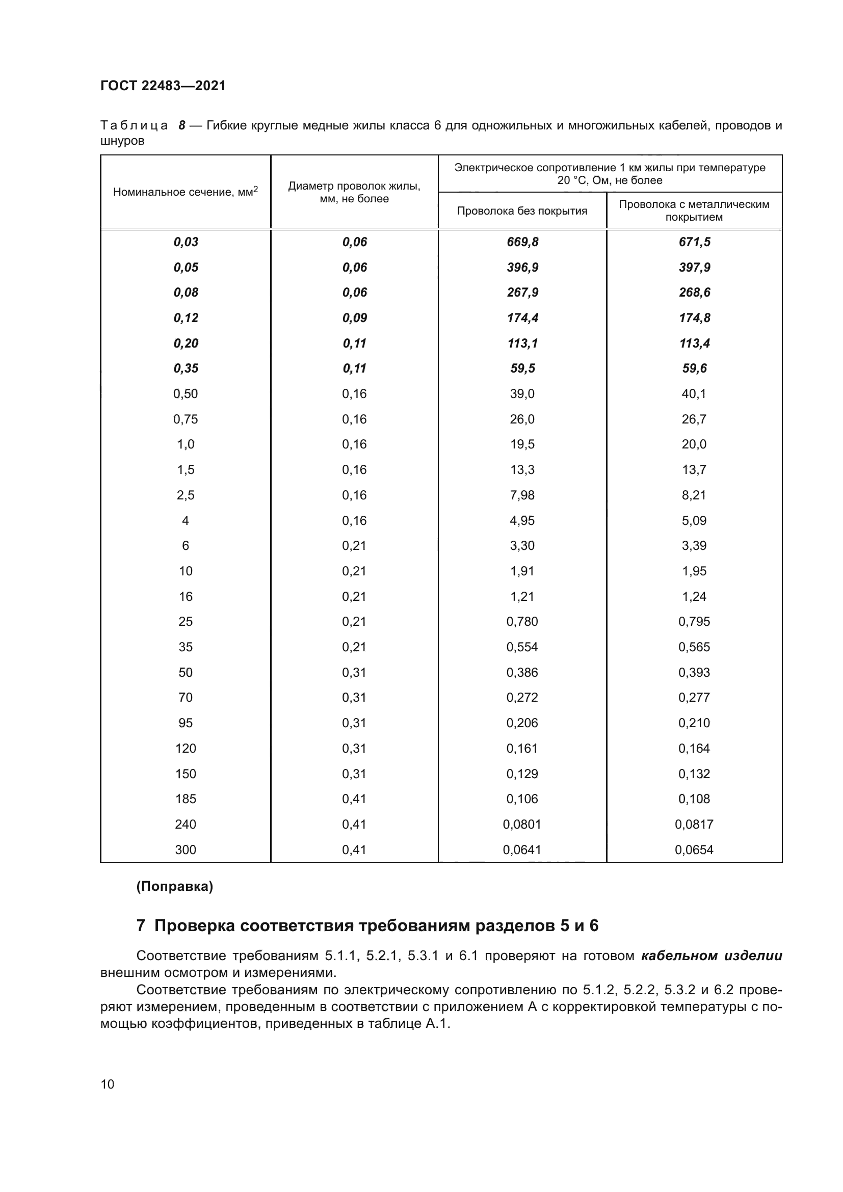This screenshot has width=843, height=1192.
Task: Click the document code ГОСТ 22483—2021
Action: click(163, 86)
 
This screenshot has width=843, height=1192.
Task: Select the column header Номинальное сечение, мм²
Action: click(186, 192)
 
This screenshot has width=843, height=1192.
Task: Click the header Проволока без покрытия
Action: click(522, 211)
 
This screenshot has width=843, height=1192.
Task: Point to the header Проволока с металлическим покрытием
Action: click(694, 210)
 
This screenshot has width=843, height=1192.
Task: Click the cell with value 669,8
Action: click(522, 242)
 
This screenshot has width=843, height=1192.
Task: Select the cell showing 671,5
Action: click(694, 242)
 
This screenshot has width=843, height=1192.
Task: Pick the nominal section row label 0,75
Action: click(186, 419)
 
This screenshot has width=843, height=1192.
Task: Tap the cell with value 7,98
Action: click(522, 495)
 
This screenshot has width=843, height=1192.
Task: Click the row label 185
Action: click(186, 799)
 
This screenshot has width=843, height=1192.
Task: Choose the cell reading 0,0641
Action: click(522, 850)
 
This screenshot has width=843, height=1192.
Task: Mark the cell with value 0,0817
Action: click(694, 824)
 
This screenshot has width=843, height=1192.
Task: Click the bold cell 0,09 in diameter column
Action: click(354, 317)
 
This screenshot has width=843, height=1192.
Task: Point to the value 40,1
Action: click(694, 393)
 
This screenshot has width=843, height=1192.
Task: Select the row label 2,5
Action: click(186, 495)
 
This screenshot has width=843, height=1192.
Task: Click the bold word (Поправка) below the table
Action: click(174, 887)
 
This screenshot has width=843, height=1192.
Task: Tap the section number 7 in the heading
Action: click(140, 925)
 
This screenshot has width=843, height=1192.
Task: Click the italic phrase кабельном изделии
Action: click(712, 956)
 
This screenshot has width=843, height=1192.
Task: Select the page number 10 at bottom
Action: click(108, 1084)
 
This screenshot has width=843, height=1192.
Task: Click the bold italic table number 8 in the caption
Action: click(181, 126)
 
